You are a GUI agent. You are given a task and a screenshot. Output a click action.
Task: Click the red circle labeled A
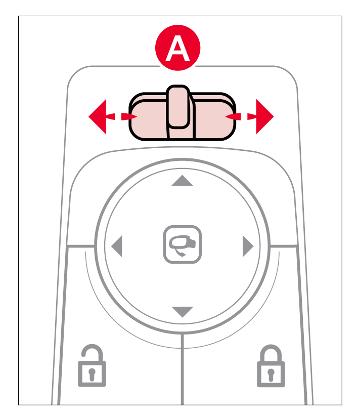[x=177, y=48]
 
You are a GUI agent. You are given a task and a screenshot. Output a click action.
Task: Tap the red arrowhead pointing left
[x=99, y=116]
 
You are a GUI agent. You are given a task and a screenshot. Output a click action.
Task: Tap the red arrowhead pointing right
[x=263, y=116]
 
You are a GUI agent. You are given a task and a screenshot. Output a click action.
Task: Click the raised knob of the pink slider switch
[x=178, y=107]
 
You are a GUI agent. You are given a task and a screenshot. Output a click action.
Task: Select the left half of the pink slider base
[x=148, y=117]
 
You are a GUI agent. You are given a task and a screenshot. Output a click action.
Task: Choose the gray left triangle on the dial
[x=117, y=246]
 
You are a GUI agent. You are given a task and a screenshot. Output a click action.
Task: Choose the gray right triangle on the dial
[x=248, y=246]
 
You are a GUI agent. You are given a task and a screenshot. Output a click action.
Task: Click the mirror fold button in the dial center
[x=183, y=244]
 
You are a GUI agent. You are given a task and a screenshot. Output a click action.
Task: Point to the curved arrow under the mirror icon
[x=179, y=252]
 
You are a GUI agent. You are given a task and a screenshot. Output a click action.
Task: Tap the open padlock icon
[x=92, y=365]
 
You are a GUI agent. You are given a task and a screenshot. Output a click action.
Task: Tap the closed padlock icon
[x=271, y=366]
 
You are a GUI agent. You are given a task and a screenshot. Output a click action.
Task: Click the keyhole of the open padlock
[x=92, y=374]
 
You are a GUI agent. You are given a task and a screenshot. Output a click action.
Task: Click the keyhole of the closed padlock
[x=271, y=374]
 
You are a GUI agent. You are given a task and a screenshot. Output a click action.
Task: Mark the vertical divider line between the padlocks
[x=183, y=369]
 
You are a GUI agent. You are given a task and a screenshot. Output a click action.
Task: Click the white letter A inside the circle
[x=177, y=49]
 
